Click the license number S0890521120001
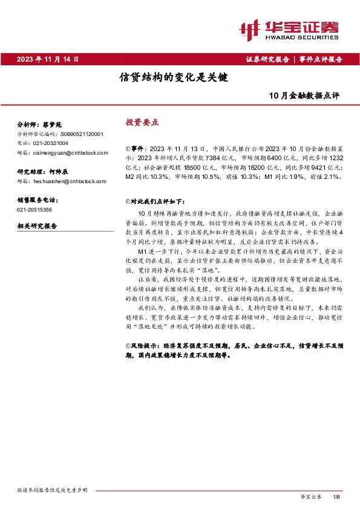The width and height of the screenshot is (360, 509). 80,134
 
